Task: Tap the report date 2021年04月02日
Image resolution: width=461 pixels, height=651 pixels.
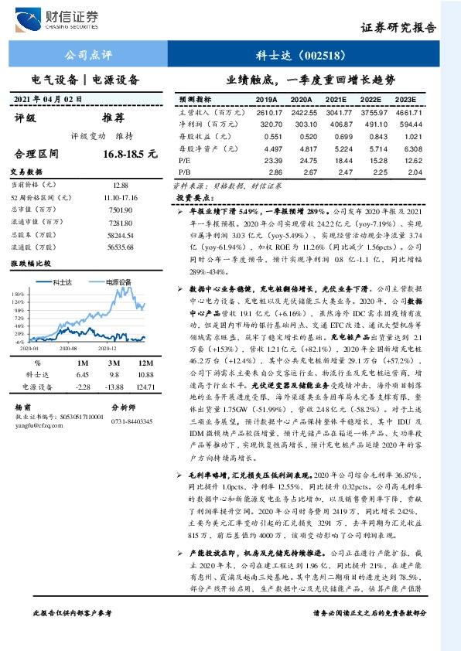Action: (x=51, y=99)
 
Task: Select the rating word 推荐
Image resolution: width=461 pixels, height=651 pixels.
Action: (x=113, y=118)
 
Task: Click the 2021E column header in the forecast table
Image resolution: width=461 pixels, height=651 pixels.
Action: (x=335, y=100)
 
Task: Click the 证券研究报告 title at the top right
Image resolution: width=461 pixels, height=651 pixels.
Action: (x=399, y=27)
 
